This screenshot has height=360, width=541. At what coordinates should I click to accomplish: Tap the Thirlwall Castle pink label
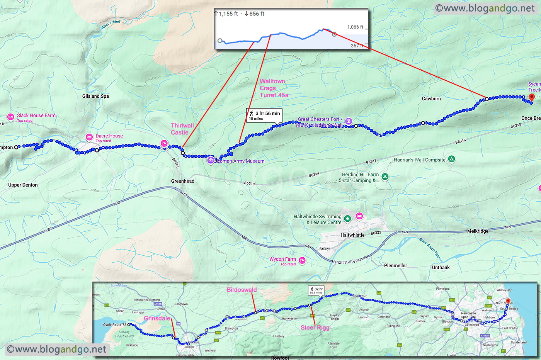182,129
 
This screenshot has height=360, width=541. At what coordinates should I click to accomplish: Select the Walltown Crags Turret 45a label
273,88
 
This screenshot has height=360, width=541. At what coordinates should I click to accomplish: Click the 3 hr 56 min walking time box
265,115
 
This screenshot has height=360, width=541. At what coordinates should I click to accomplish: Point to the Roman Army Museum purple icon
211,160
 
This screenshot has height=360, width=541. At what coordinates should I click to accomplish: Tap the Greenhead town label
183,181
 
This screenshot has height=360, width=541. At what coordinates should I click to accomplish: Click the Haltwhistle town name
352,235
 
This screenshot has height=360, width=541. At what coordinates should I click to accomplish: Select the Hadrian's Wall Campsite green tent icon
451,159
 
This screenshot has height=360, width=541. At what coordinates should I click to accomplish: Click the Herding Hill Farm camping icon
384,177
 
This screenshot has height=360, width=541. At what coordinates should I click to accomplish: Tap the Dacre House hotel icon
89,137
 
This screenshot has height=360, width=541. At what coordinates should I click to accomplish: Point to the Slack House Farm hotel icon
10,117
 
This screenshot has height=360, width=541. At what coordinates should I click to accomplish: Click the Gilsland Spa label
95,96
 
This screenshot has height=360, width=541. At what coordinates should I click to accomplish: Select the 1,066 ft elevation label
355,27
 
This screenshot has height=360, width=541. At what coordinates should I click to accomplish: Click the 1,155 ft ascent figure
228,14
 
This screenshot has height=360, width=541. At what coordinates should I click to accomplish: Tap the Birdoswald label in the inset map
242,290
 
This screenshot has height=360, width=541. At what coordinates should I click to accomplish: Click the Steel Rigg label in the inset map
315,328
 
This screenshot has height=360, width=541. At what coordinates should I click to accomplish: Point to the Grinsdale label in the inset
157,318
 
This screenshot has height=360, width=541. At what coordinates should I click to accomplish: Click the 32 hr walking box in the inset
316,290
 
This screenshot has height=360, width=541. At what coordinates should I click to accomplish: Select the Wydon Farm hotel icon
302,261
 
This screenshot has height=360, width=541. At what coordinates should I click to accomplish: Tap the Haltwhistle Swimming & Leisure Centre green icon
347,219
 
